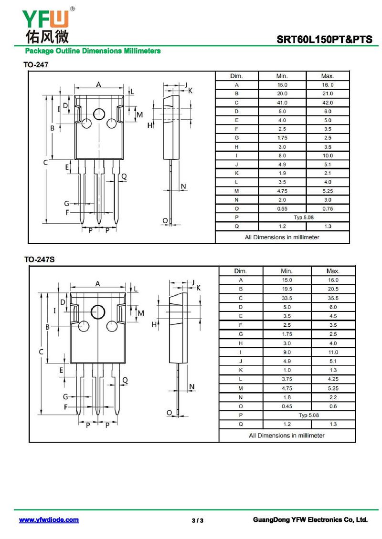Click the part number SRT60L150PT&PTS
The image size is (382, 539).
[x=324, y=40]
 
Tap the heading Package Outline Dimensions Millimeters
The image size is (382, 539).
[x=93, y=51]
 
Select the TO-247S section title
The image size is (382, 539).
[x=40, y=259]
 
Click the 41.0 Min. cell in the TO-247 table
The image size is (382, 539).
[x=282, y=103]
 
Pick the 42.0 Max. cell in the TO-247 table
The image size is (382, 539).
[x=328, y=103]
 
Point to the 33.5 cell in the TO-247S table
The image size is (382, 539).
[x=287, y=298]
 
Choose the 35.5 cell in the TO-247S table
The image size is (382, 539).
[x=333, y=298]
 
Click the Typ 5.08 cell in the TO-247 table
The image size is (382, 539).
[x=304, y=218]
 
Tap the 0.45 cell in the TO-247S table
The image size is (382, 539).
[x=287, y=406]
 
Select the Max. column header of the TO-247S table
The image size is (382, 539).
[x=333, y=271]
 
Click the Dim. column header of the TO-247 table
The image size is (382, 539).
[x=236, y=76]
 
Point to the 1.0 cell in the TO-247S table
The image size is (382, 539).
[x=287, y=370]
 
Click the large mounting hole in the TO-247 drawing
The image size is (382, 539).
[x=99, y=114]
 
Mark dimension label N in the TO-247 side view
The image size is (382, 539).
[x=183, y=186]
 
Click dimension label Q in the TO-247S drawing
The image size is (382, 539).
[x=125, y=380]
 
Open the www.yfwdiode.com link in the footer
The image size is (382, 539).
[x=49, y=520]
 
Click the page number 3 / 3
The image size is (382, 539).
[x=197, y=520]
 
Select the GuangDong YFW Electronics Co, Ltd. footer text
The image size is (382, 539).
[x=310, y=520]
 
